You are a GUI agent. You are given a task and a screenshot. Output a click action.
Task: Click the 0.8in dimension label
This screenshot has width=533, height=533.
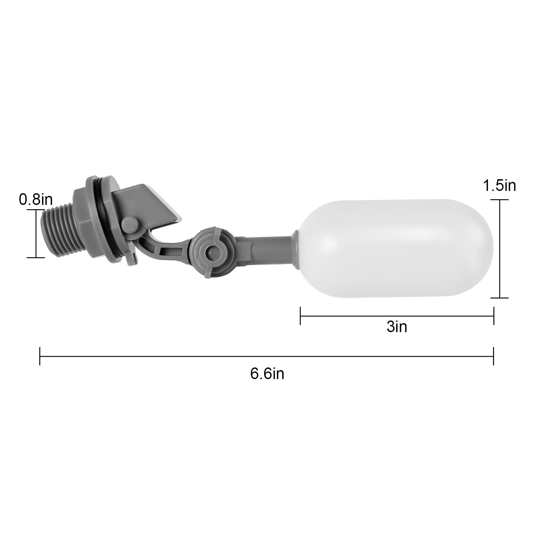[36, 200]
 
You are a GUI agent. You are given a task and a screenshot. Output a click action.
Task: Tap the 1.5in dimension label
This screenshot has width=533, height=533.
[499, 186]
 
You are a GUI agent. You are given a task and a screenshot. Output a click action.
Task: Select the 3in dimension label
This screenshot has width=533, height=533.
[397, 327]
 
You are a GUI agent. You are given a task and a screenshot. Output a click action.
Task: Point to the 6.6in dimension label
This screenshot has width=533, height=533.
[267, 374]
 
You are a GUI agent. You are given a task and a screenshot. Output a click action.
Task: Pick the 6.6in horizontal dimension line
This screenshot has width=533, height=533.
[266, 356]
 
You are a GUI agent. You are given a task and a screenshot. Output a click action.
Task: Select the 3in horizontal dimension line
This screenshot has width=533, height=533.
[397, 316]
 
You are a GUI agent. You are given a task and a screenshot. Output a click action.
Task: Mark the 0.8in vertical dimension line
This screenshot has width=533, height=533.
[36, 233]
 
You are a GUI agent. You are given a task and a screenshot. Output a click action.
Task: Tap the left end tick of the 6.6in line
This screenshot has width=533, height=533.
[40, 356]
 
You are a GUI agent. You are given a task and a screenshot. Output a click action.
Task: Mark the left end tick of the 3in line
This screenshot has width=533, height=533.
[300, 316]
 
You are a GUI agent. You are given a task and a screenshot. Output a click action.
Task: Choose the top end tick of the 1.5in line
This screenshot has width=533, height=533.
[500, 200]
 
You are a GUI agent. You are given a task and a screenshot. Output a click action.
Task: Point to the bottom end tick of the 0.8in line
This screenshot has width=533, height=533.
[36, 257]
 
